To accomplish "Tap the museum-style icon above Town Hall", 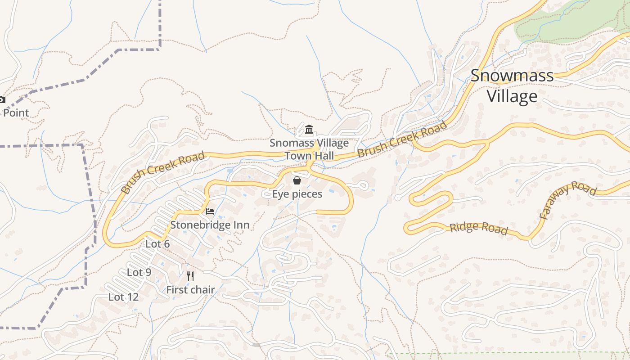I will pyautogui.click(x=309, y=130).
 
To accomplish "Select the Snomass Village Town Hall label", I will pyautogui.click(x=309, y=149).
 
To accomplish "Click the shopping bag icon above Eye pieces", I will pyautogui.click(x=297, y=181).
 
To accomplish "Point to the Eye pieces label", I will pyautogui.click(x=297, y=194).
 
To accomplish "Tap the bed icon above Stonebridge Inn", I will pyautogui.click(x=210, y=211).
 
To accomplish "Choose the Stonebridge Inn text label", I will pyautogui.click(x=210, y=225).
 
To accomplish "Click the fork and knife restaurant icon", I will pyautogui.click(x=190, y=276).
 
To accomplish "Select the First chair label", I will pyautogui.click(x=190, y=290).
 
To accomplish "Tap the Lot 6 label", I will pyautogui.click(x=157, y=244).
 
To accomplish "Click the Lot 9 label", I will pyautogui.click(x=139, y=272).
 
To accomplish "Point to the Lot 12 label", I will pyautogui.click(x=123, y=297).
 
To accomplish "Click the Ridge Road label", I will pyautogui.click(x=479, y=228).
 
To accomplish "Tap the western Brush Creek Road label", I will pyautogui.click(x=163, y=172).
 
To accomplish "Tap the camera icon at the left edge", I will pyautogui.click(x=2, y=99).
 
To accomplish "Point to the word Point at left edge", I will pyautogui.click(x=16, y=112).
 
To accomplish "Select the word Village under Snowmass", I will pyautogui.click(x=512, y=96).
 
